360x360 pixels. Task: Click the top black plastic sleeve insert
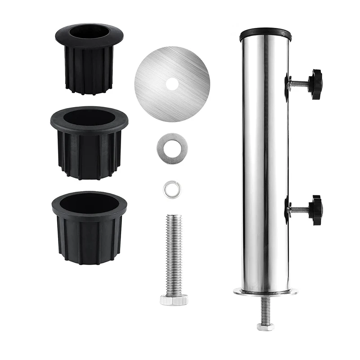coord(89,67)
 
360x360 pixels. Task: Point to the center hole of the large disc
coord(171,84)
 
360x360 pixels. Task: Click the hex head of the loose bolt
coord(174,300)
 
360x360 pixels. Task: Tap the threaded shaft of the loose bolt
coord(174,252)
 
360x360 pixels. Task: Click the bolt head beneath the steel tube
coord(265,326)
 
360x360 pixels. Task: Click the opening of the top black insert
coord(89,33)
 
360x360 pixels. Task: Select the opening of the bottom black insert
coord(89,203)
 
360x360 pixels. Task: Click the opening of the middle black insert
coord(89,118)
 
